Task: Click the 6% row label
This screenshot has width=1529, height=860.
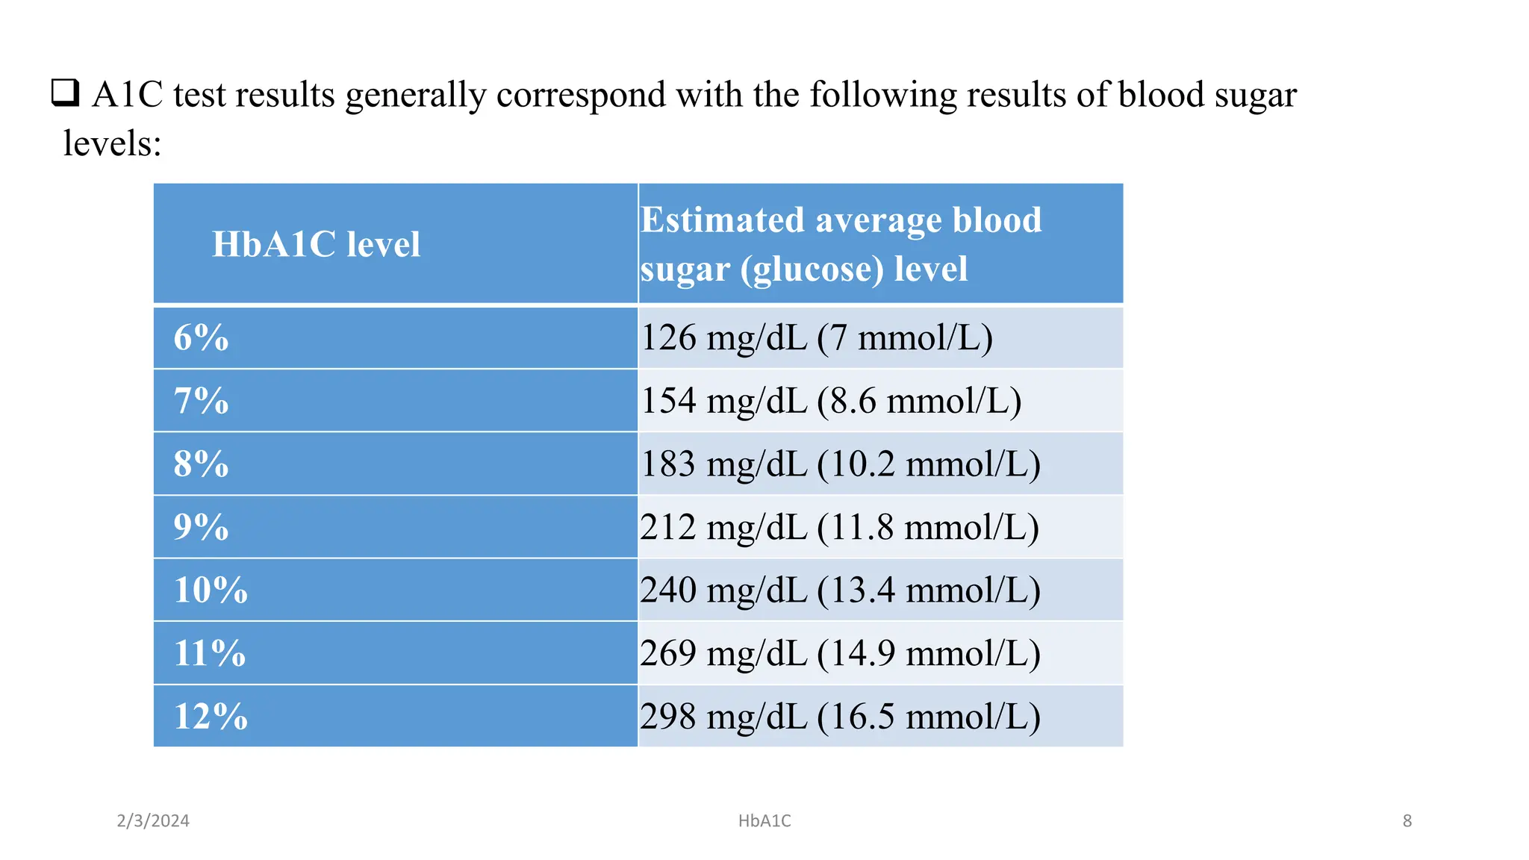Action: coord(201,337)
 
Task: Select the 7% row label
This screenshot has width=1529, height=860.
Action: coord(201,401)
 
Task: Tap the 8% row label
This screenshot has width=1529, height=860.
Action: coord(201,464)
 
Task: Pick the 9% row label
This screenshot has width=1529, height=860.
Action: coord(201,527)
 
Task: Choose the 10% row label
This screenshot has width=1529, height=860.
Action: coord(211,590)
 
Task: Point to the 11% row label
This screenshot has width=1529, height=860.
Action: coord(210,653)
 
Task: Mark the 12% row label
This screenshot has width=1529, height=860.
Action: coord(211,717)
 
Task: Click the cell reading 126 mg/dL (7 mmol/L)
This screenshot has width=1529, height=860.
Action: coord(817,337)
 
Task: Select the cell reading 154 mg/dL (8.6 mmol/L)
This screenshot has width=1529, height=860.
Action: coord(831,401)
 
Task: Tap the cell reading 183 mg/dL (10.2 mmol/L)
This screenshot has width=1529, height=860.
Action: coord(840,464)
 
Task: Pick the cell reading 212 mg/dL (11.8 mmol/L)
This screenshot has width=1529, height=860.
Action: coord(839,527)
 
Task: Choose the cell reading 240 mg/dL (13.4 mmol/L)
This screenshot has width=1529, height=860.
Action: coord(840,590)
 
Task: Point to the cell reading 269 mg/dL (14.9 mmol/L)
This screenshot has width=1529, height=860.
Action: coord(840,653)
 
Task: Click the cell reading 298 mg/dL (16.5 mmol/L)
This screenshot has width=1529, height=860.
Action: coord(840,717)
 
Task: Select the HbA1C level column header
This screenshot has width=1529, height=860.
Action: coord(316,244)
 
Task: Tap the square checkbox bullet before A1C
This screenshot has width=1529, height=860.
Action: coord(65,93)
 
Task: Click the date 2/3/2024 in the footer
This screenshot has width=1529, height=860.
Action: coord(153,820)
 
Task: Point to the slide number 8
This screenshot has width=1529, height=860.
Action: coord(1407,820)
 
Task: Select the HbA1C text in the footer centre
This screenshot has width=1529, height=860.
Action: coord(764,820)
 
